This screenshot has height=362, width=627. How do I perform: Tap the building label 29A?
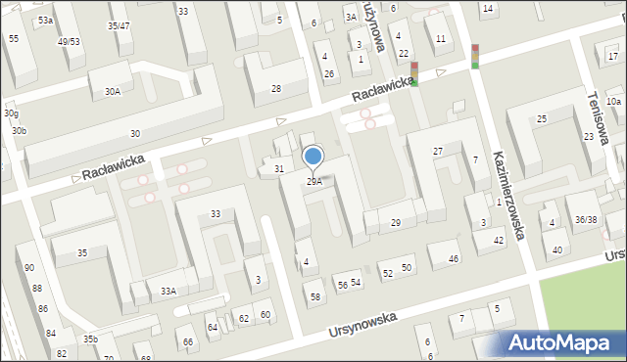(314, 181)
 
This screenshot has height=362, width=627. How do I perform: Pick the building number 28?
(276, 89)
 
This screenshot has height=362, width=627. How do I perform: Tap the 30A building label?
(113, 92)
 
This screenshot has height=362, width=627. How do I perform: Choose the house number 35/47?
(119, 25)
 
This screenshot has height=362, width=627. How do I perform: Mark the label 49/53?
(69, 42)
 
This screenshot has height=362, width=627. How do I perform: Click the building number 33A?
(169, 291)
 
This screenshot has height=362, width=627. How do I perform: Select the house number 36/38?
(586, 220)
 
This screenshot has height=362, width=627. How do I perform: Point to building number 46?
(454, 258)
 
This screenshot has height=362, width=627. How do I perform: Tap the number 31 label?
(279, 169)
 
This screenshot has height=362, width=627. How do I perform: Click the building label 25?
(541, 119)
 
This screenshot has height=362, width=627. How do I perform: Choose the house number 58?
(315, 296)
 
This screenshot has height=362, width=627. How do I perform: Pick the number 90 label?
(29, 268)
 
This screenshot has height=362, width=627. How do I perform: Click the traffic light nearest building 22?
(414, 73)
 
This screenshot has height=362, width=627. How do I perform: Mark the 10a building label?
(613, 102)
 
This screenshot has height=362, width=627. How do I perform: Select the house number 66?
(188, 341)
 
